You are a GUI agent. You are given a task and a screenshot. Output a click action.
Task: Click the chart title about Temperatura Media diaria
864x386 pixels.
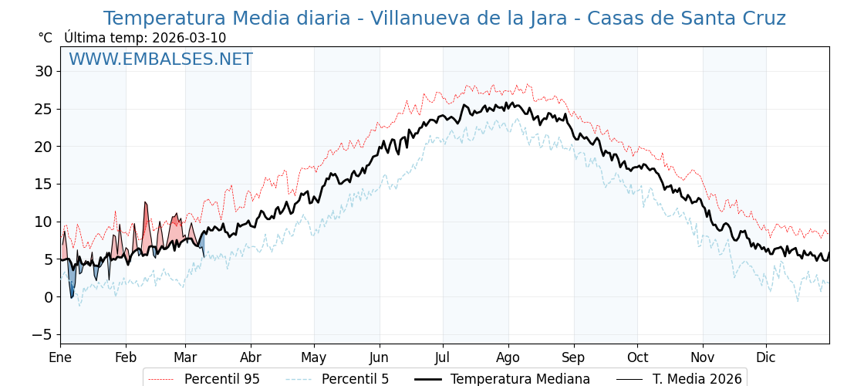(444, 19)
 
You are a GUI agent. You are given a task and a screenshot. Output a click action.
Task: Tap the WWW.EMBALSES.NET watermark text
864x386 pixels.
(160, 59)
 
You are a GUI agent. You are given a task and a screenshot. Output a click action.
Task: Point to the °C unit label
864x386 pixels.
(45, 38)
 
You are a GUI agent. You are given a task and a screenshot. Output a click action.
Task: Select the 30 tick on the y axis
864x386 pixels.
(43, 72)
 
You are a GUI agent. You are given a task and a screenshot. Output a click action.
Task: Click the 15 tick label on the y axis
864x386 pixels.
(43, 185)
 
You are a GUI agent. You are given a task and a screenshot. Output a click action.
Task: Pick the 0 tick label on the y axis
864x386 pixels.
(48, 297)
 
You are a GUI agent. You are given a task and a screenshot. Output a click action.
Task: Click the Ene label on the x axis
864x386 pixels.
(60, 357)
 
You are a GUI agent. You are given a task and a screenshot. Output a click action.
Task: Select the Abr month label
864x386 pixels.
(251, 357)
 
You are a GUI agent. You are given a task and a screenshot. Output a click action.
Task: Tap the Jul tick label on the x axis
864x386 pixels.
(443, 357)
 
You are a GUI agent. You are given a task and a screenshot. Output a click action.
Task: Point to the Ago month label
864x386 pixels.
(508, 357)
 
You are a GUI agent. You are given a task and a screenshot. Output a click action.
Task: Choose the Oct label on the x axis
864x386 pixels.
(637, 357)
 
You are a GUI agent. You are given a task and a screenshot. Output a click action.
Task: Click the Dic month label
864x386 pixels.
(766, 357)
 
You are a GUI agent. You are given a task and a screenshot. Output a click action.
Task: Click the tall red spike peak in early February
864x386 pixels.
(145, 203)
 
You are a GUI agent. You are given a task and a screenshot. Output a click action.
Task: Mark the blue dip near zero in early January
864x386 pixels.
(72, 296)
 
